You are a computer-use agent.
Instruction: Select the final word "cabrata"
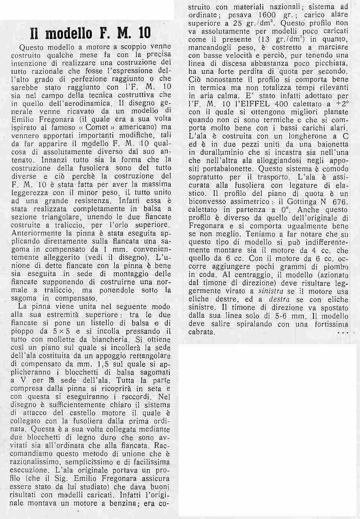click(x=201, y=332)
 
